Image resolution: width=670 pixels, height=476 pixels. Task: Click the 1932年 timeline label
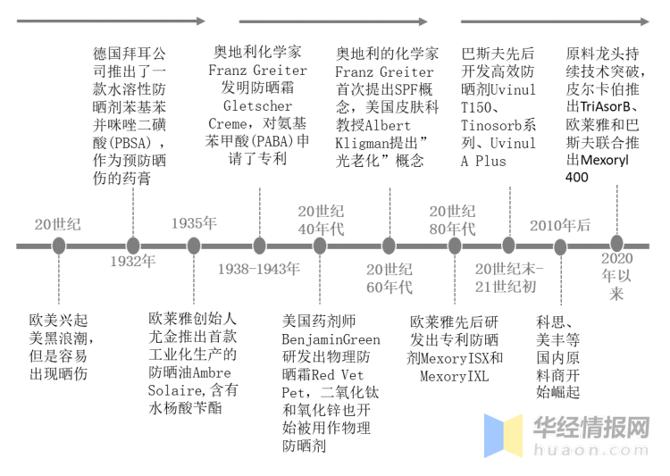pos(132,262)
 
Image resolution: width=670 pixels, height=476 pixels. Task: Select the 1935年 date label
pos(194,223)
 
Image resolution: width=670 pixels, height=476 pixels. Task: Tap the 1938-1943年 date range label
pos(260,268)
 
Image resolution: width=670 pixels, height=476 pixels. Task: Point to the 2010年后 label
pos(559,225)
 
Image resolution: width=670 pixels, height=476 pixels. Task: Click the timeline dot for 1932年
pos(133,245)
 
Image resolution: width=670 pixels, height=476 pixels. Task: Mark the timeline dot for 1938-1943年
pos(259,245)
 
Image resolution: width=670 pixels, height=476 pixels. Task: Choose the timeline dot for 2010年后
pos(560,246)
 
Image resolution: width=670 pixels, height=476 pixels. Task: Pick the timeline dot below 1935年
pos(194,245)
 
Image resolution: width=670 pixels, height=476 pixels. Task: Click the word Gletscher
pos(258,106)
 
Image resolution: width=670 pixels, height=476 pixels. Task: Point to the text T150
pos(478,107)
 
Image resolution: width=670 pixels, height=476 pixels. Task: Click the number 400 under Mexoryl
pos(578,178)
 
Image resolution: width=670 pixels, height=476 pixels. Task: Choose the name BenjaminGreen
pos(331,339)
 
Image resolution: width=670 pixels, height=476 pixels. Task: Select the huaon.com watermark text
pos(590,448)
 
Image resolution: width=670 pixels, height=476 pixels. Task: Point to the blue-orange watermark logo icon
pos(503,435)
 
